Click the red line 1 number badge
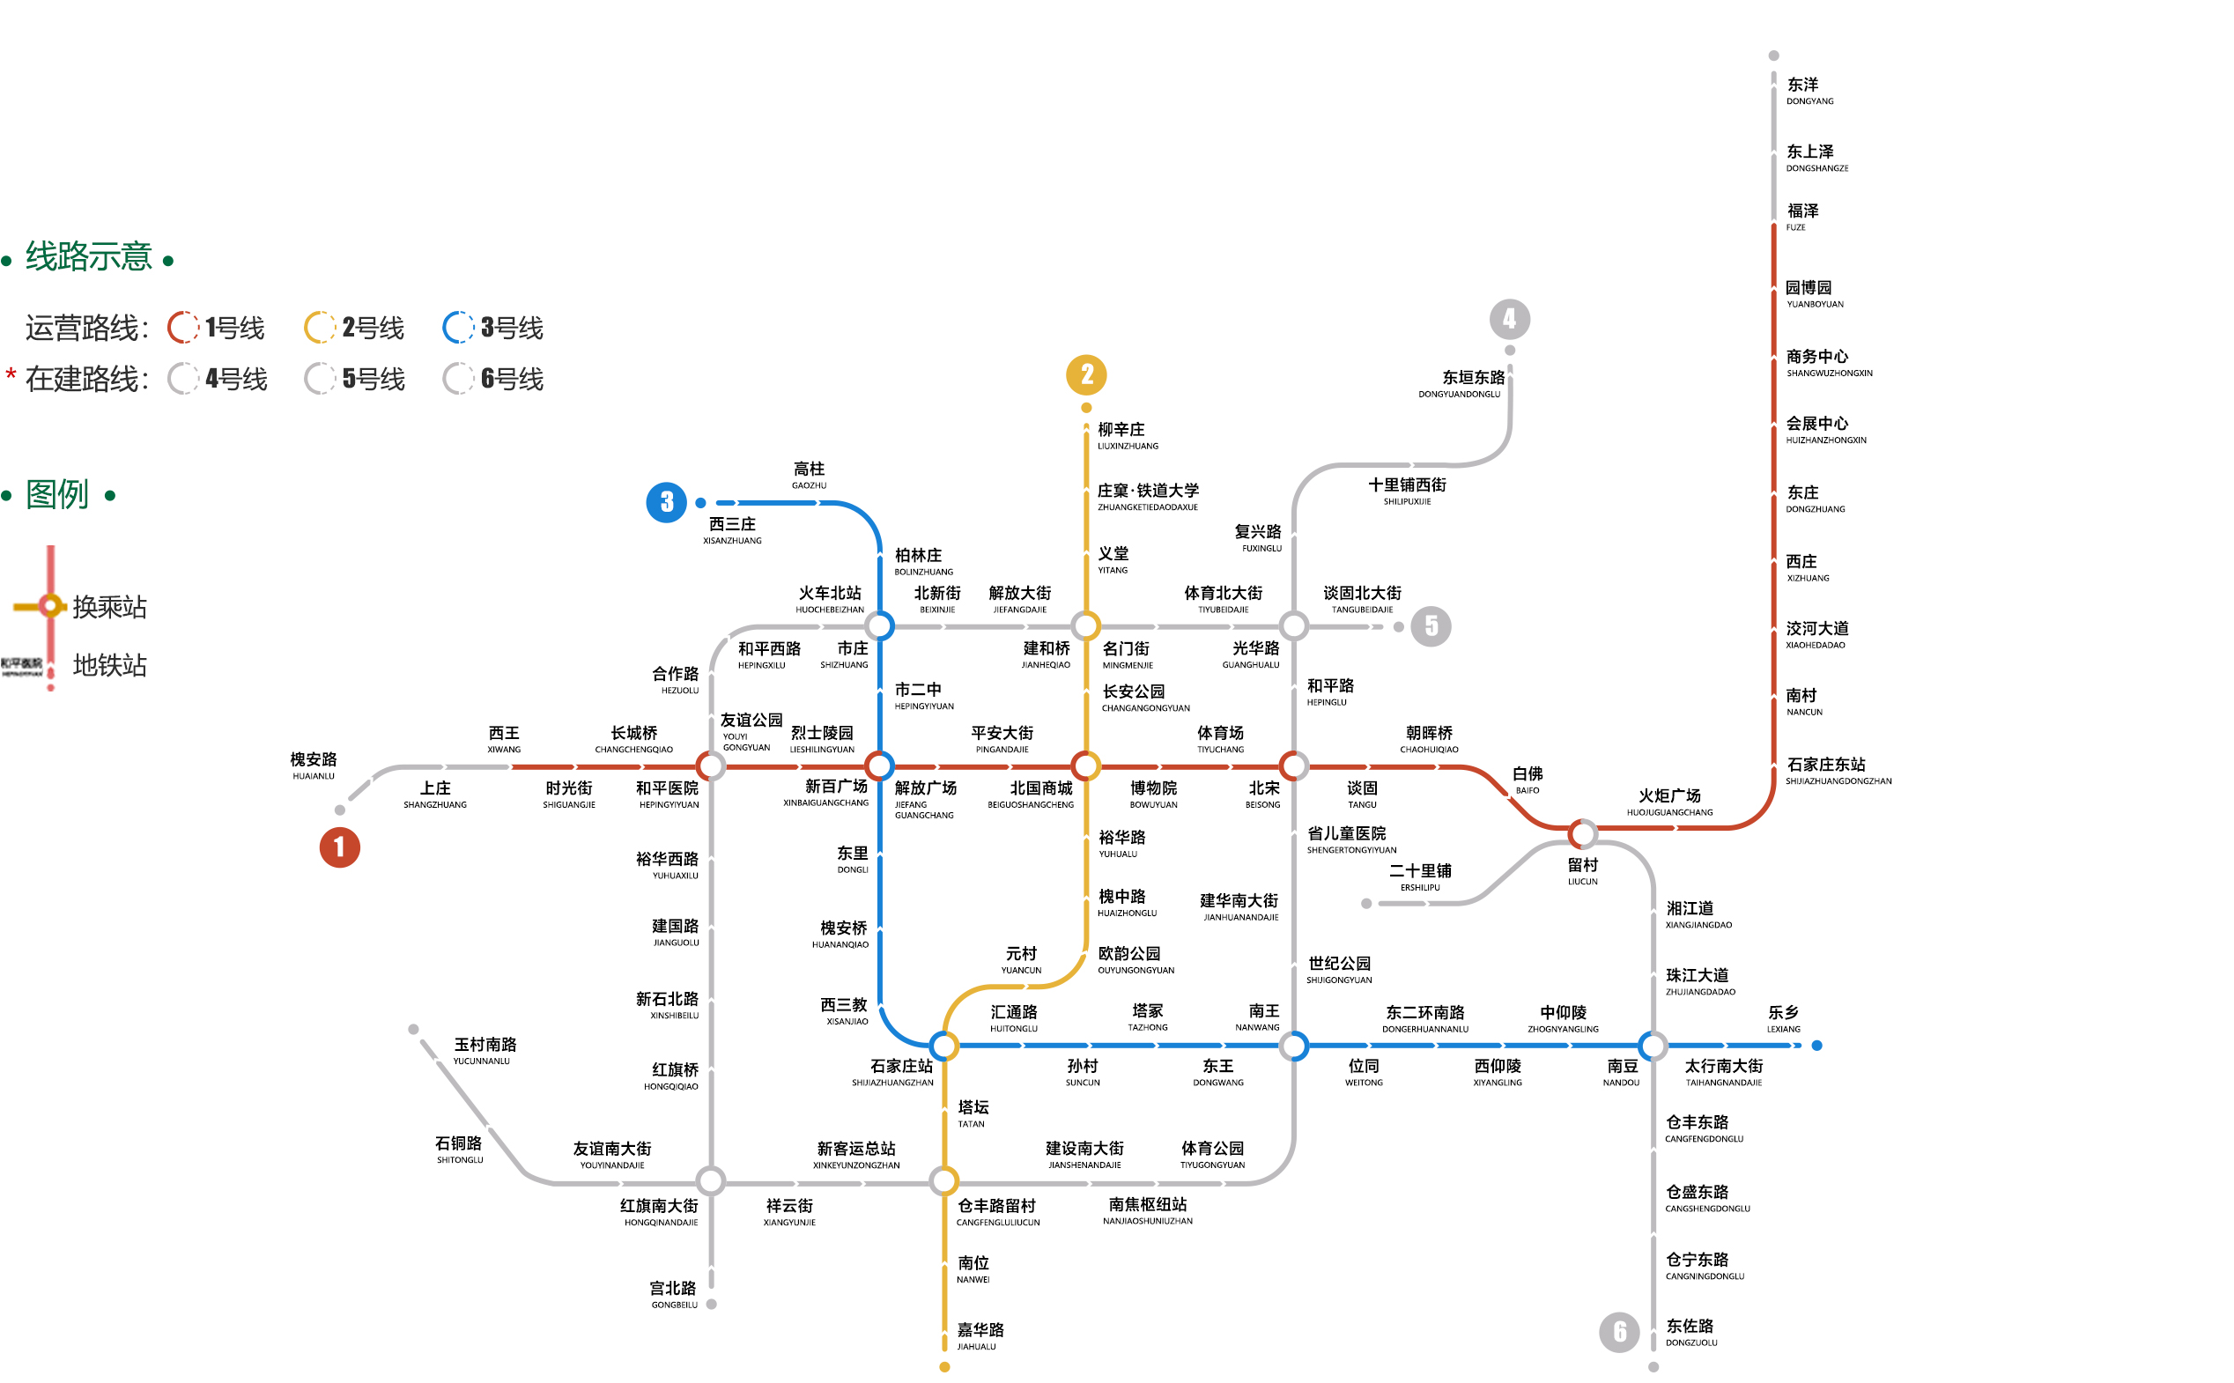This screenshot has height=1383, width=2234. tap(339, 847)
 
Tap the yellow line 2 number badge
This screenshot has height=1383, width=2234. tap(1086, 374)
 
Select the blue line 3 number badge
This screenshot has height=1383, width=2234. tap(667, 502)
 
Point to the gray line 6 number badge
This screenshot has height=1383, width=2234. tap(1619, 1332)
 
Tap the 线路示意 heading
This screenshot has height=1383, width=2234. tap(88, 257)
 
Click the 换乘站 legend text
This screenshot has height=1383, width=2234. tap(110, 607)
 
